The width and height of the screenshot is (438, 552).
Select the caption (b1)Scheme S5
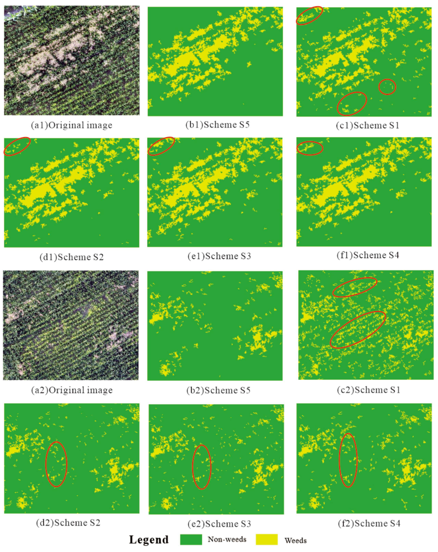tap(217, 125)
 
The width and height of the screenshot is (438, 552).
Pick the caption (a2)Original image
tap(72, 390)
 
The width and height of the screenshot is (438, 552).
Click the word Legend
tap(149, 540)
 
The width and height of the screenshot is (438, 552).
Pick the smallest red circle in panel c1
tap(387, 87)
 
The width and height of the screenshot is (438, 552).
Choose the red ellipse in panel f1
tap(310, 148)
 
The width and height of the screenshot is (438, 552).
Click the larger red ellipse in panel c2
tap(358, 330)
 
